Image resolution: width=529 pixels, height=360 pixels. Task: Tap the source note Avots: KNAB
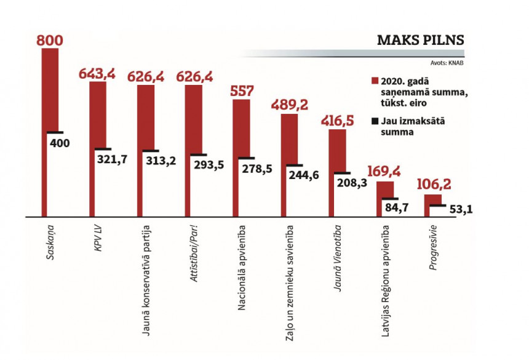point(447,63)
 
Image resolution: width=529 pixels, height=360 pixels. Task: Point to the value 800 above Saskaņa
point(50,41)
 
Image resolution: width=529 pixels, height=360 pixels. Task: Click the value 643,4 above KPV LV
point(97,74)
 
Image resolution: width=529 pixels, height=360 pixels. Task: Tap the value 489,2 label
point(290,106)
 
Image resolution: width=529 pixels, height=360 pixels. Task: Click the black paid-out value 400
point(59,143)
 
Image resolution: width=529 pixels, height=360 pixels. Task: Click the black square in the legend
point(375,120)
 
